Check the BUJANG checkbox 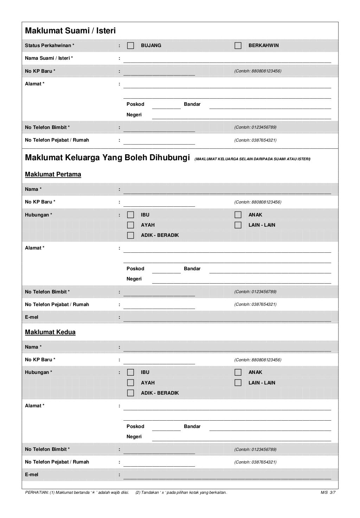click(130, 46)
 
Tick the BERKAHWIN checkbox click(238, 46)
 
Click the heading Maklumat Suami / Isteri click(70, 31)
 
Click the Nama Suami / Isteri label click(49, 58)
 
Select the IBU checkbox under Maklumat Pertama click(130, 215)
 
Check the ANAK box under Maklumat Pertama click(238, 215)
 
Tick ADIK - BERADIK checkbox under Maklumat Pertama click(130, 235)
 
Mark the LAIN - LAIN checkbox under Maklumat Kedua click(238, 383)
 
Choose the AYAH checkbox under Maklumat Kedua click(130, 383)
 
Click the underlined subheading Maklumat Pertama click(53, 175)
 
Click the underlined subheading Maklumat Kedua click(50, 332)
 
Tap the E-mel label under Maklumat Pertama click(32, 317)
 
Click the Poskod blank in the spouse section click(166, 105)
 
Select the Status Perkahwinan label click(50, 46)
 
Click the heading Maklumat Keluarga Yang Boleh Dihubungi click(107, 158)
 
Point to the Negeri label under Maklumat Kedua click(134, 437)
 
